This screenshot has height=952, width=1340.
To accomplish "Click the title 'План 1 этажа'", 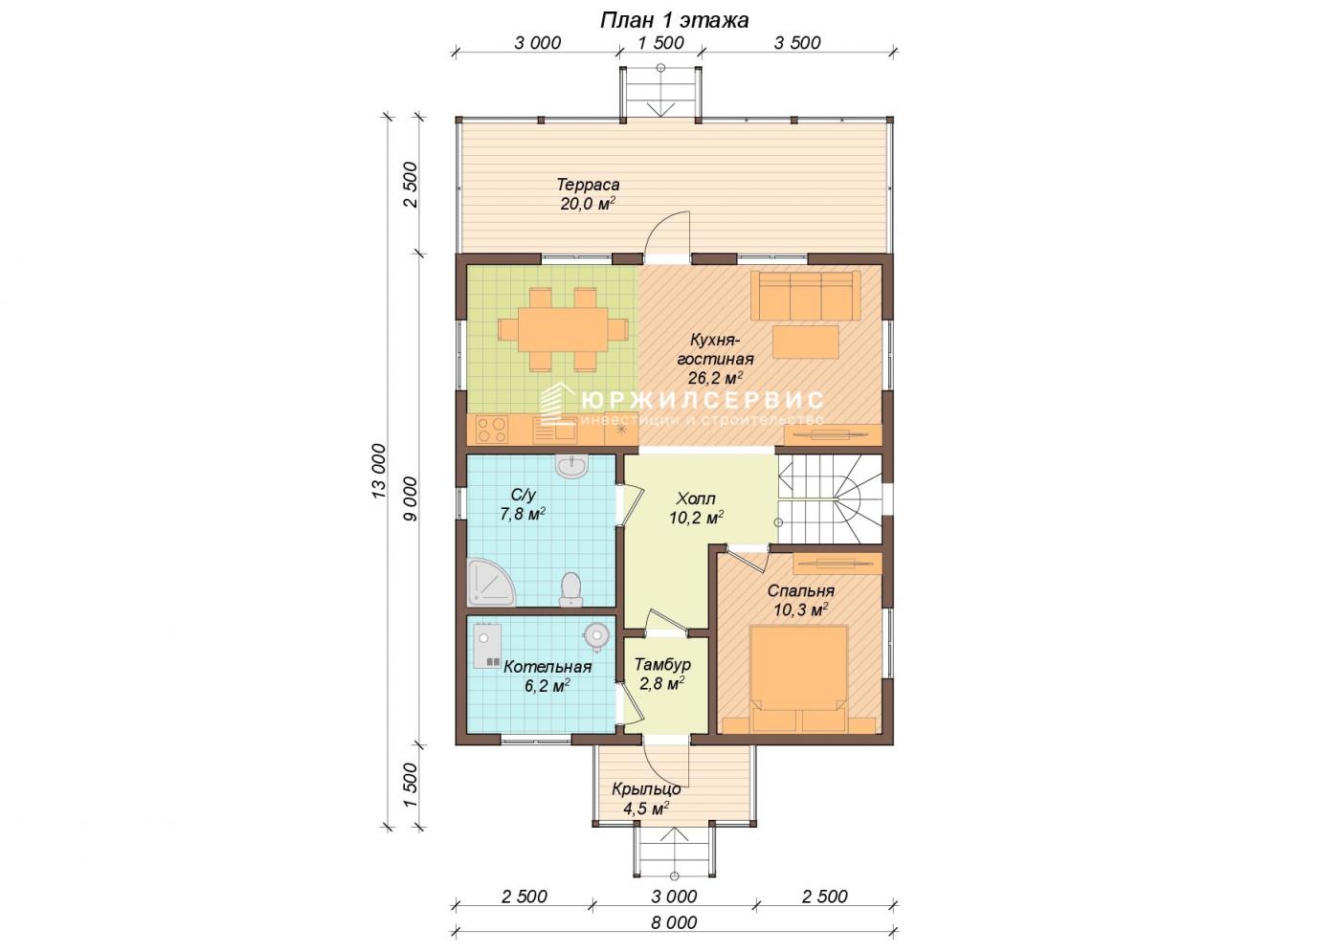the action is [x=674, y=20].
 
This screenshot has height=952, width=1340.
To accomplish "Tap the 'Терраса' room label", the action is [x=588, y=184].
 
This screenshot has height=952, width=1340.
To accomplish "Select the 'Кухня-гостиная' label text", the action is [x=715, y=349].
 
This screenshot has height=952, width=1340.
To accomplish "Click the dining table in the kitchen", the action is [x=563, y=329].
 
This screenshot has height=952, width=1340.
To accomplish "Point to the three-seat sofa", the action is [x=805, y=296].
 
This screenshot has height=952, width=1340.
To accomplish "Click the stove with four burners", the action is [x=492, y=430].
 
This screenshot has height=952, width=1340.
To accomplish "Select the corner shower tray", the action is [x=490, y=582].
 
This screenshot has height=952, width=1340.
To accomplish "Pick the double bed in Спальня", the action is [x=798, y=679].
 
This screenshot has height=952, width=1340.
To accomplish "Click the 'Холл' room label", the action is [x=696, y=498].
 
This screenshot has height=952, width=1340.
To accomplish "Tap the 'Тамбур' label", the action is [x=662, y=664].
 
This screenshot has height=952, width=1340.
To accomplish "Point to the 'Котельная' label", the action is [x=547, y=667].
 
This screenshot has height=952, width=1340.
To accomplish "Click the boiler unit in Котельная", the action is [x=487, y=646].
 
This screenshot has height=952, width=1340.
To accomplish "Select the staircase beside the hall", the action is [x=829, y=498].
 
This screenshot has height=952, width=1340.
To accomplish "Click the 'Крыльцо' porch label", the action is [x=646, y=789].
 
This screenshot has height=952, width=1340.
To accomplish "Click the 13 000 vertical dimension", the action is [x=379, y=472].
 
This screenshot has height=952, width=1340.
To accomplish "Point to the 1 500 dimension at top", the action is [x=660, y=43].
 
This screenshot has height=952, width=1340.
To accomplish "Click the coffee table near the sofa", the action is [x=805, y=342].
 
